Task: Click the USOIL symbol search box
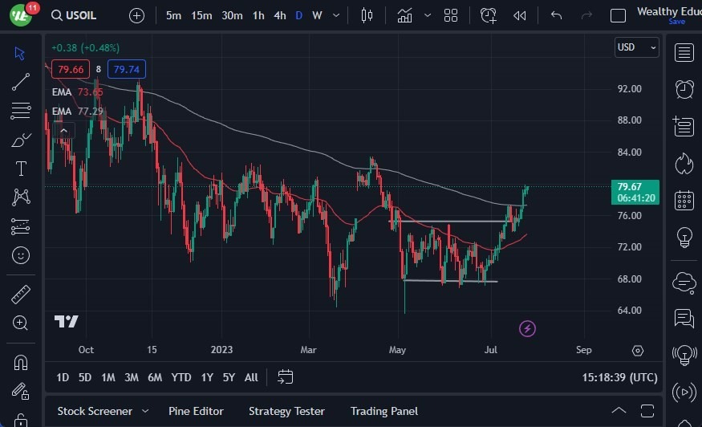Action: [x=79, y=15]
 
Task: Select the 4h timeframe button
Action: [x=279, y=15]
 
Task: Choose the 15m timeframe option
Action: [x=201, y=15]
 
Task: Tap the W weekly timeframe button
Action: [x=317, y=15]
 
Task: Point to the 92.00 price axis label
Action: [x=629, y=89]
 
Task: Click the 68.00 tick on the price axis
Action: [x=629, y=279]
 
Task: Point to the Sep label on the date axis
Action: [x=583, y=350]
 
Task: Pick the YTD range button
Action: [x=181, y=377]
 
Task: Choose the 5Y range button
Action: [x=229, y=377]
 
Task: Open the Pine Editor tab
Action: [x=197, y=411]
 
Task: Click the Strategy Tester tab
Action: [x=286, y=411]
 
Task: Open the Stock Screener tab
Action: [x=95, y=411]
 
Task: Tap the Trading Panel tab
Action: [x=384, y=411]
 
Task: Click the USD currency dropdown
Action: [x=637, y=47]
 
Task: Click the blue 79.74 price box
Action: [x=127, y=70]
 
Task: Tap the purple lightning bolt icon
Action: [x=527, y=328]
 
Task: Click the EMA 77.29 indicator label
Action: [x=77, y=112]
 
